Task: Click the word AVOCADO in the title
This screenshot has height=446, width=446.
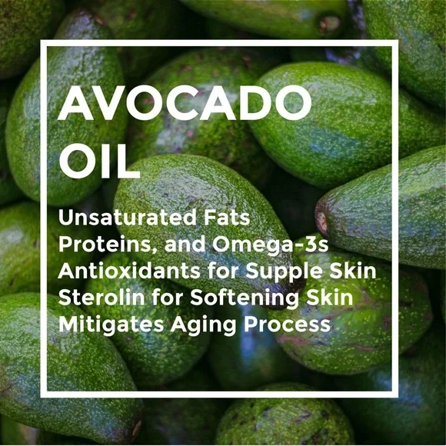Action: pos(185,103)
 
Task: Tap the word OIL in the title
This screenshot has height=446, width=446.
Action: pos(99,161)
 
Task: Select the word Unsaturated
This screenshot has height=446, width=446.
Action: pos(128,218)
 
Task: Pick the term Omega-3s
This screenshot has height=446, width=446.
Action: pos(270,245)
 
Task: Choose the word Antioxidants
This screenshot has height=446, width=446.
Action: pos(129,271)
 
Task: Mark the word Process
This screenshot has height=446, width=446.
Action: pos(288,325)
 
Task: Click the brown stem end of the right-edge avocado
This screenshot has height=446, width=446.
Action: pos(321,221)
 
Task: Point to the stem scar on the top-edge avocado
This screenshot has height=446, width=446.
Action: pos(329,24)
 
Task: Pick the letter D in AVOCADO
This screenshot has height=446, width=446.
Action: pos(255,103)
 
